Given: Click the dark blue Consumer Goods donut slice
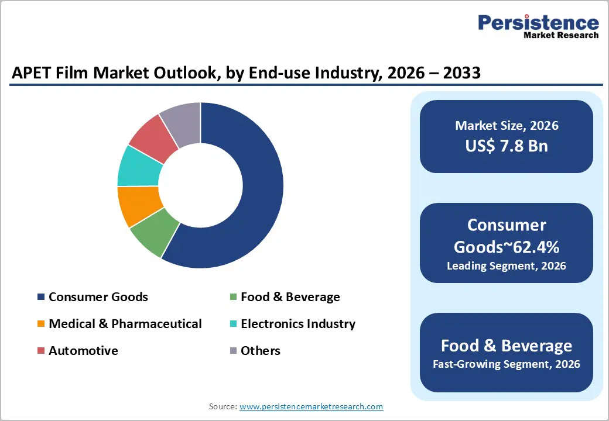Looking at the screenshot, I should (258, 193).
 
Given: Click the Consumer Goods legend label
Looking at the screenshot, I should (98, 296).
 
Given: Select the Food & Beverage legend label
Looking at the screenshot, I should (290, 296).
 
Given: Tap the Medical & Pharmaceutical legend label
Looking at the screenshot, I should (125, 323).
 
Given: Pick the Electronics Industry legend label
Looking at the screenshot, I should (298, 323).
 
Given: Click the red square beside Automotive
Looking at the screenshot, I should (40, 351).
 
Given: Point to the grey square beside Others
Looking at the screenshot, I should (232, 351).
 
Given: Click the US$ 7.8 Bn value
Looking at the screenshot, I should (507, 146).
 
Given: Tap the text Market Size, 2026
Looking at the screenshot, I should (507, 125).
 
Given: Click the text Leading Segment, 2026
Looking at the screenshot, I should (507, 266).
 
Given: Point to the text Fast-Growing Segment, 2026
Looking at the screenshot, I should (507, 364).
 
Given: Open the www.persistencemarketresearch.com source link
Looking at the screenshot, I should (312, 406).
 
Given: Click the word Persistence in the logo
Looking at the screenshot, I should (538, 23).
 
